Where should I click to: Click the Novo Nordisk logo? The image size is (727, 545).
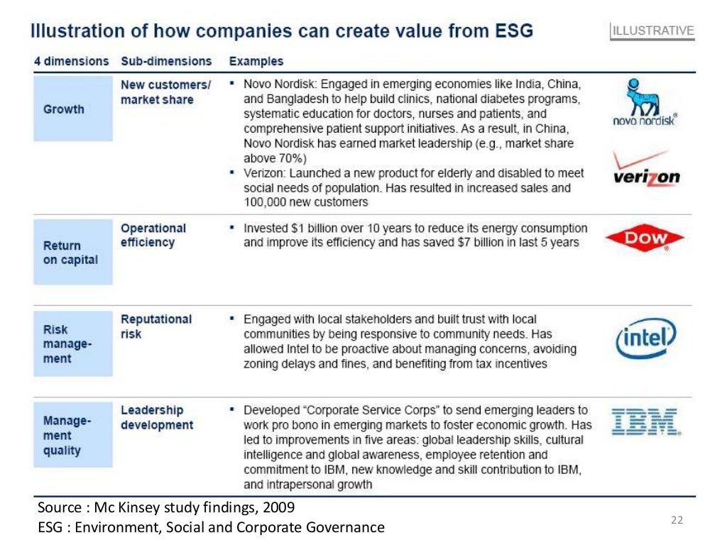point(645,104)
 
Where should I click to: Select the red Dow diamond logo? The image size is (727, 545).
point(645,239)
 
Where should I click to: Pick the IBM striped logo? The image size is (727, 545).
point(645,421)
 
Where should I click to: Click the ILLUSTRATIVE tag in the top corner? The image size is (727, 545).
point(653,31)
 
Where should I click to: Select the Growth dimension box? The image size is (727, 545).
point(72,109)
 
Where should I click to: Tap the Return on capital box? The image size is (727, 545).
point(72,253)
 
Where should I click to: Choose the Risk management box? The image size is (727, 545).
point(72,344)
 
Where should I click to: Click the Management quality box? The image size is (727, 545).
point(72,435)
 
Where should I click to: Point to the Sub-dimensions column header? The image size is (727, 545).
point(166,61)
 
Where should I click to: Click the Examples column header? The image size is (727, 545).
point(256,61)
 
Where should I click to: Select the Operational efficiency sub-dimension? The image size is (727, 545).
point(153,235)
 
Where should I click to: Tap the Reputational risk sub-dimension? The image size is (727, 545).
point(156,326)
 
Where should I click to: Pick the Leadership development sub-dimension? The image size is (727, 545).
point(156,417)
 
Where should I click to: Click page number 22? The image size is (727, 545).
point(676,520)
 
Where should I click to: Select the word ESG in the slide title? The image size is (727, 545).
point(508,31)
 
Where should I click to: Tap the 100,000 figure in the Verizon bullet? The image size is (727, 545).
point(268,202)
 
